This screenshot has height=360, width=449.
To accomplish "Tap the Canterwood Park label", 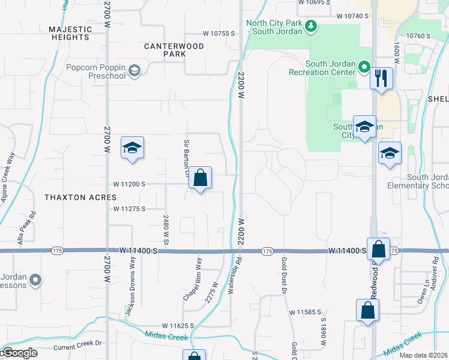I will (174, 50).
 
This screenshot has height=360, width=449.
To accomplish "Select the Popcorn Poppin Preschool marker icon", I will (134, 71).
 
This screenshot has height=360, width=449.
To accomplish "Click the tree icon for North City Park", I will (311, 25).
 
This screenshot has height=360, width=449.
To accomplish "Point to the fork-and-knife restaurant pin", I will (381, 78).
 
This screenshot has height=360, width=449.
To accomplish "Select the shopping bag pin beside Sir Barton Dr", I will (200, 178).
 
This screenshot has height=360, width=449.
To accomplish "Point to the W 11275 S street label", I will (138, 209).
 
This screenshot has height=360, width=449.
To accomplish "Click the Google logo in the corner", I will (19, 353).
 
